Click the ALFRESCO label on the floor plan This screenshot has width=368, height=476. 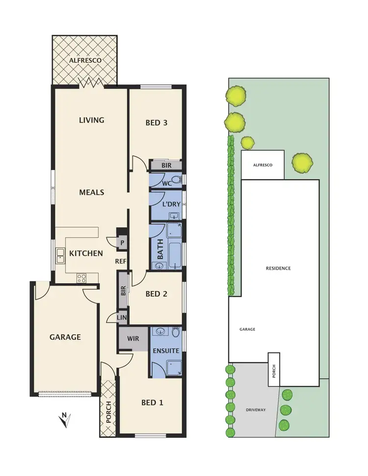point(85,60)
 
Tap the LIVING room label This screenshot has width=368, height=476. point(92,120)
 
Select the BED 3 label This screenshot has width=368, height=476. point(157,123)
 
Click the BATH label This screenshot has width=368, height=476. point(159,252)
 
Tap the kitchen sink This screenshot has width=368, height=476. point(60,254)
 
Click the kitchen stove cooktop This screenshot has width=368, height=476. point(81,278)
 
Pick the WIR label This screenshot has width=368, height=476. point(132,339)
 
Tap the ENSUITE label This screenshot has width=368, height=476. point(166,351)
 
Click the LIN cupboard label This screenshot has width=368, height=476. point(122,318)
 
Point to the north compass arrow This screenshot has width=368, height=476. point(65,420)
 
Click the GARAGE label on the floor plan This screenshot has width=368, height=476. point(65,337)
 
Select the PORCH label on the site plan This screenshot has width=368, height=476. point(274,374)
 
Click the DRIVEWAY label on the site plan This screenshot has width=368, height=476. point(256,409)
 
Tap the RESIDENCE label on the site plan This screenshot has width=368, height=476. point(278,268)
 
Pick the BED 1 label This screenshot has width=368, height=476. point(152,402)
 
